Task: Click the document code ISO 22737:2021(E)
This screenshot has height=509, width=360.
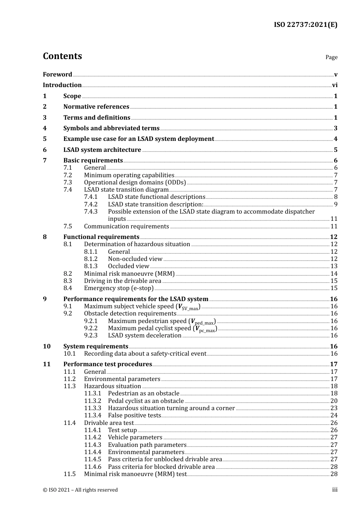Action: (x=305, y=25)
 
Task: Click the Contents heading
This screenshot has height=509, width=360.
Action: (x=62, y=56)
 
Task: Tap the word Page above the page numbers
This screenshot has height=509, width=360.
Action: (x=331, y=57)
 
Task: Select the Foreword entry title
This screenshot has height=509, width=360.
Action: (x=57, y=74)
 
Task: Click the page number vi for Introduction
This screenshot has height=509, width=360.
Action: (x=335, y=85)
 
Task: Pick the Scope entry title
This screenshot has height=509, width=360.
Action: (x=72, y=96)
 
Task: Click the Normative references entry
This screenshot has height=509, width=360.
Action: (x=96, y=107)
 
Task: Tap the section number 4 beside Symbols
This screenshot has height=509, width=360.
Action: (x=45, y=128)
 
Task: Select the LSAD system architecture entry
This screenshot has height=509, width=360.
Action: (x=102, y=150)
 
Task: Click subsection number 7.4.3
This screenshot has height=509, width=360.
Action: (x=91, y=212)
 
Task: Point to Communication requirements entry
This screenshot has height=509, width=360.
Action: (x=126, y=226)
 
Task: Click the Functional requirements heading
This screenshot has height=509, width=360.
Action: (x=101, y=237)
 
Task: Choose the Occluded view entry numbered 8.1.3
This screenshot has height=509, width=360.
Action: (x=128, y=266)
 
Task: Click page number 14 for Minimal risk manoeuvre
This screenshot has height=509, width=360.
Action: (x=334, y=274)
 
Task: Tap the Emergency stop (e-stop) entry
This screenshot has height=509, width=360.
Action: (x=119, y=288)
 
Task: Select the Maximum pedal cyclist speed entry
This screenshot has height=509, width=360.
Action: (x=162, y=328)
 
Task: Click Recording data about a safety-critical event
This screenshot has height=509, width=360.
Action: (x=145, y=354)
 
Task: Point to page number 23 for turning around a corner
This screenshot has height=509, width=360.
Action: (x=334, y=408)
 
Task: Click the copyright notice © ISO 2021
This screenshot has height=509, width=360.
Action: (x=80, y=490)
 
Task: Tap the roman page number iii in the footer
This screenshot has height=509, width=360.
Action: (x=335, y=490)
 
